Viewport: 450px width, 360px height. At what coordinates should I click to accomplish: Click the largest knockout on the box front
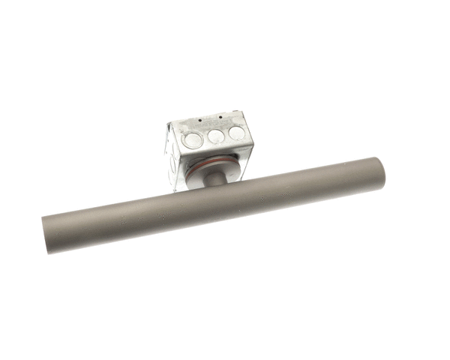click(x=193, y=139)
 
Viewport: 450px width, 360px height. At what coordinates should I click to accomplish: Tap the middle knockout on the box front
click(x=216, y=136)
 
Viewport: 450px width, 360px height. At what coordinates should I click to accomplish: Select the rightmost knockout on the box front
click(x=236, y=133)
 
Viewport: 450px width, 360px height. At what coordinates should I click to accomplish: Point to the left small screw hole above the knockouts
click(x=201, y=120)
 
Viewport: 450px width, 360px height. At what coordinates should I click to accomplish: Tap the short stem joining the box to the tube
click(x=213, y=179)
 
